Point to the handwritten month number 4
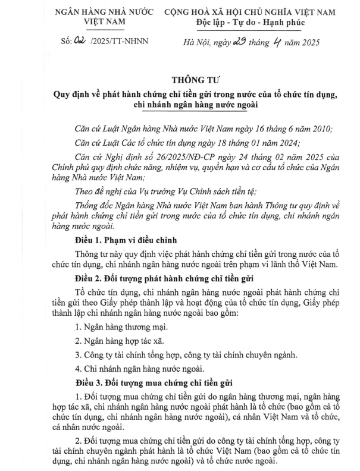tap(277, 40)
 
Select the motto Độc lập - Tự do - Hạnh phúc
tap(250, 23)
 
